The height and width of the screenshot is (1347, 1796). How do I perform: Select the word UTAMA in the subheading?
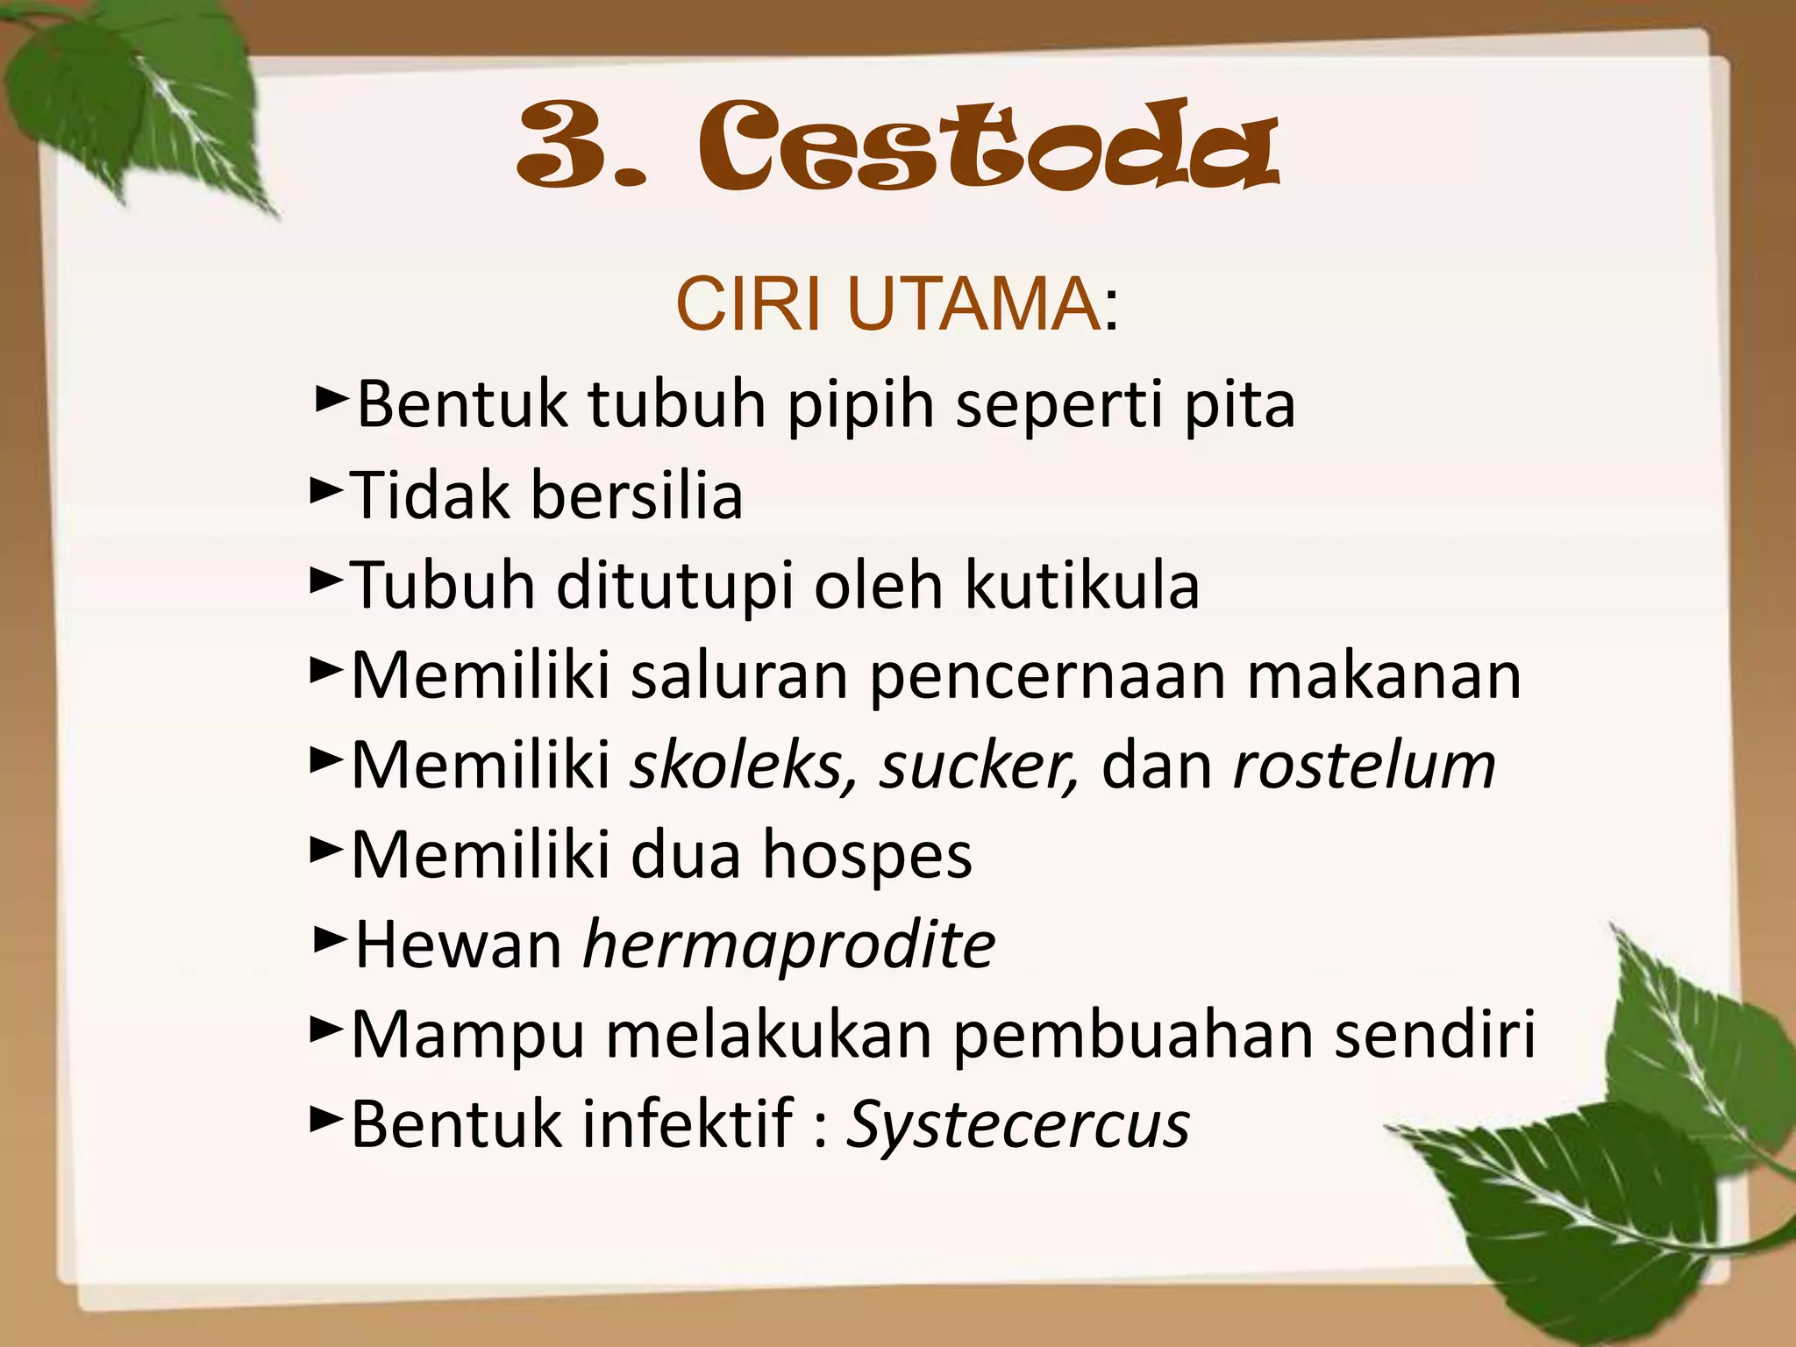973,304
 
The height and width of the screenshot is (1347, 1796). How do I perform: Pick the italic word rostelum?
1364,766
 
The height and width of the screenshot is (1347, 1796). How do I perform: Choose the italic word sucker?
979,766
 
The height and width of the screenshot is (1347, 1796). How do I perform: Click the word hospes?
866,856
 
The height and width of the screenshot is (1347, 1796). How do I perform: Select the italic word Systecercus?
1017,1125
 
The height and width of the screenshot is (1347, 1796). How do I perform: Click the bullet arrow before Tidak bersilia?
326,491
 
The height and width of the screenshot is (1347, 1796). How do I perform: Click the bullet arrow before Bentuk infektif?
326,1120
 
